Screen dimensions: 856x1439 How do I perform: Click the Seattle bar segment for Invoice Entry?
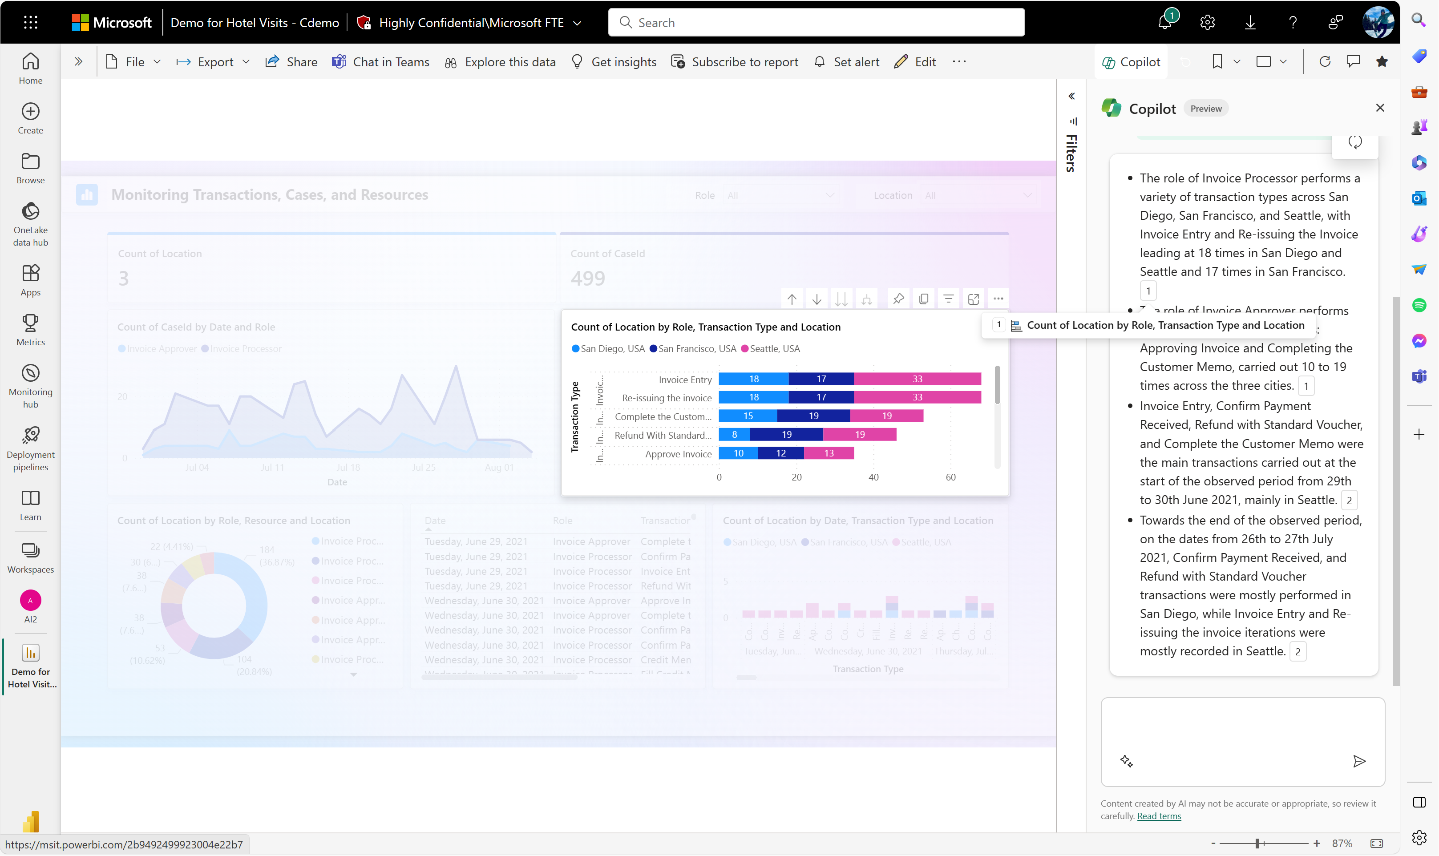(x=917, y=379)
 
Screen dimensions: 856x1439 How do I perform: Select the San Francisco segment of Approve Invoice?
(x=780, y=453)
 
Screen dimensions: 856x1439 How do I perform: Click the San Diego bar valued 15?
(x=748, y=416)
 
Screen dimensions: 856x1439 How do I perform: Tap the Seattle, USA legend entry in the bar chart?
(x=771, y=348)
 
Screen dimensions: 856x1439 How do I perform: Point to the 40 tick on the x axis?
(x=873, y=477)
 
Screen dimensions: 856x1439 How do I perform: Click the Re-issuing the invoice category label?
(x=667, y=398)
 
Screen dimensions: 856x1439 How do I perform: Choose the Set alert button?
(x=847, y=62)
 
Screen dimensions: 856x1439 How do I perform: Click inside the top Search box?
(x=816, y=23)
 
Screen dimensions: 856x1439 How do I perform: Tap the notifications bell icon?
(x=1164, y=23)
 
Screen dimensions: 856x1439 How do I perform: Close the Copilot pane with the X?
(x=1379, y=108)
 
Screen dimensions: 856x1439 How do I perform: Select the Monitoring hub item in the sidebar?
(x=31, y=385)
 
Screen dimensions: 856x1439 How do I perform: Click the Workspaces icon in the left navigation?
(x=31, y=557)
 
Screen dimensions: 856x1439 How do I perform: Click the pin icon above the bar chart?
(x=898, y=299)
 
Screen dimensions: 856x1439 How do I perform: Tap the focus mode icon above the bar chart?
(x=973, y=299)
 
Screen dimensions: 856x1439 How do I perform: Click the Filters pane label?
(x=1071, y=153)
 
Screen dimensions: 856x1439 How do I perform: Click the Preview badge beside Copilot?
(x=1205, y=109)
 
